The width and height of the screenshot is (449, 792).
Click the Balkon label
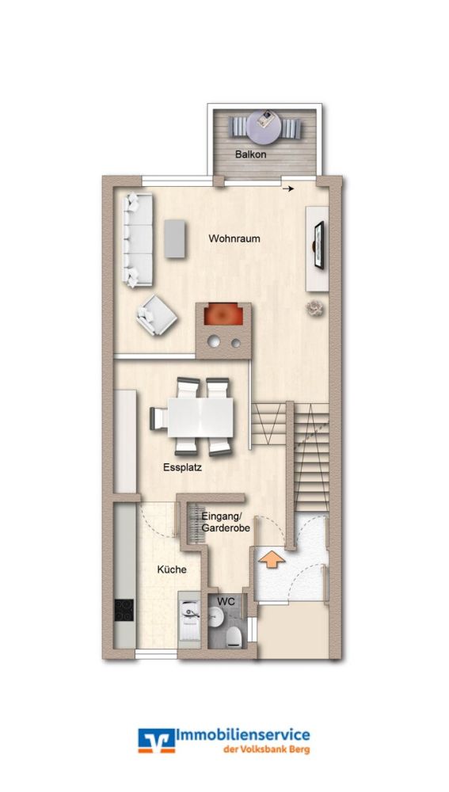pos(250,154)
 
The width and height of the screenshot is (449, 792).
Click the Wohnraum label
pos(234,238)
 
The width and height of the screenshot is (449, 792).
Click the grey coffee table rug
pos(175,238)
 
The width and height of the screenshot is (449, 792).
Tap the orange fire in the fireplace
pos(223,316)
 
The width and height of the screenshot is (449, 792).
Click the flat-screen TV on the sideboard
pos(318,246)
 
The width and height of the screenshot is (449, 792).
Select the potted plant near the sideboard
pos(316,308)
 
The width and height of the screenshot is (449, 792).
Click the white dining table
pos(201,416)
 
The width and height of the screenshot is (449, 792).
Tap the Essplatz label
pos(182,467)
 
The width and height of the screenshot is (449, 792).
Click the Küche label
pos(171,569)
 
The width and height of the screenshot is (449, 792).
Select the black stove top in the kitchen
pos(124,609)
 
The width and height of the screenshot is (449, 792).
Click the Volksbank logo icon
pos(156,741)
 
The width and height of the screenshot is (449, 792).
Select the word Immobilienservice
pos(243,736)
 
